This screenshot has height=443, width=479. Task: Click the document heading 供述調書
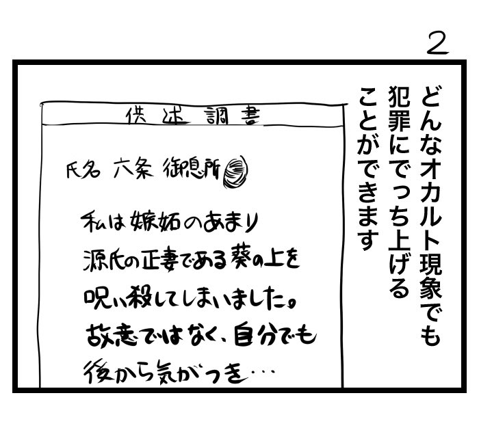tap(192, 116)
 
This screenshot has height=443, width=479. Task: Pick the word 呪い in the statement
tap(103, 299)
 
